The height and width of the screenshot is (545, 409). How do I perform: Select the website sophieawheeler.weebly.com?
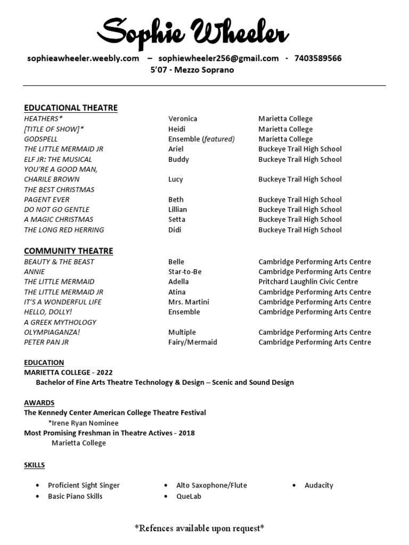point(83,59)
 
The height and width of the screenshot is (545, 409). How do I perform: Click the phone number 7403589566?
point(317,59)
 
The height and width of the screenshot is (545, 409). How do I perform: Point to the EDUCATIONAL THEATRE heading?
point(70,108)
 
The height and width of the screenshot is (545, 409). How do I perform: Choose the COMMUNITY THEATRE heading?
point(68,251)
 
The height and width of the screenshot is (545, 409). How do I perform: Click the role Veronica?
point(183,119)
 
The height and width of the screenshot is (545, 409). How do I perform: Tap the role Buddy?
point(178,159)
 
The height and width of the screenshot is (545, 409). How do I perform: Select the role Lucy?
point(175,179)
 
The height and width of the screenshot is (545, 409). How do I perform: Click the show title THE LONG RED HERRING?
point(64,230)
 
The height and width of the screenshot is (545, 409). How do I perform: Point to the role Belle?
point(176,262)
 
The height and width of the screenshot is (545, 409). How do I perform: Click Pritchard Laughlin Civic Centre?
point(308,282)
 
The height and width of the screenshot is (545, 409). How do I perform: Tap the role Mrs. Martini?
point(189,302)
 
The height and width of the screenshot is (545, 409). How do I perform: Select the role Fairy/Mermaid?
point(192,342)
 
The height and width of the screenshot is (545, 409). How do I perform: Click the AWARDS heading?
point(39,402)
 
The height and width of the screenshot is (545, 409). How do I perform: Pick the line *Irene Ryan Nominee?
point(83,423)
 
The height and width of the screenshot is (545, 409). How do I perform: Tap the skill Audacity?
point(318,485)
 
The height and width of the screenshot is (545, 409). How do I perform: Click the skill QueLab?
point(189,496)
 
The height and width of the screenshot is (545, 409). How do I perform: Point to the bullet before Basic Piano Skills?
point(37,496)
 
